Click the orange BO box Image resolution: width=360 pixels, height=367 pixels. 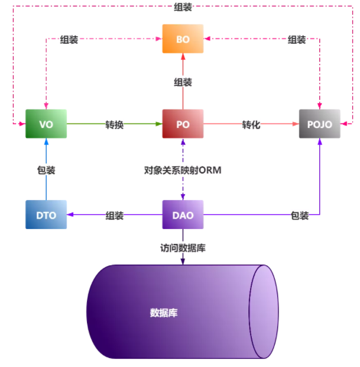pos(183,39)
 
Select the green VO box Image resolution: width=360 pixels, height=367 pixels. pos(46,124)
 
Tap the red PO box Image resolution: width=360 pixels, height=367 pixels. pos(183,124)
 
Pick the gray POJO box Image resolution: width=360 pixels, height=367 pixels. pos(320,124)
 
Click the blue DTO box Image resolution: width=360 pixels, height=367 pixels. pos(46,215)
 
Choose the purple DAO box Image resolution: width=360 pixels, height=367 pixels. pos(183,215)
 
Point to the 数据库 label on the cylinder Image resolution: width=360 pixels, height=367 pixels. pos(164,313)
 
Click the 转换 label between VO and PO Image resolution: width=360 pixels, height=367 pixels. pos(115,125)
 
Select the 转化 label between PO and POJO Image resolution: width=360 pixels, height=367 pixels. pos(251,125)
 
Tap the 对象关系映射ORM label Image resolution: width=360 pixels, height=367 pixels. pos(182,170)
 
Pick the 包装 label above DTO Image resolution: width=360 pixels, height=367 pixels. pos(46,170)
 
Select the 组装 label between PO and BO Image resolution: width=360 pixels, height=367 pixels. pos(183,82)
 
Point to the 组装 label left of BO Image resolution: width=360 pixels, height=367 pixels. pos(69,40)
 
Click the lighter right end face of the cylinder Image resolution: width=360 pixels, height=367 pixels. pos(264,312)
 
